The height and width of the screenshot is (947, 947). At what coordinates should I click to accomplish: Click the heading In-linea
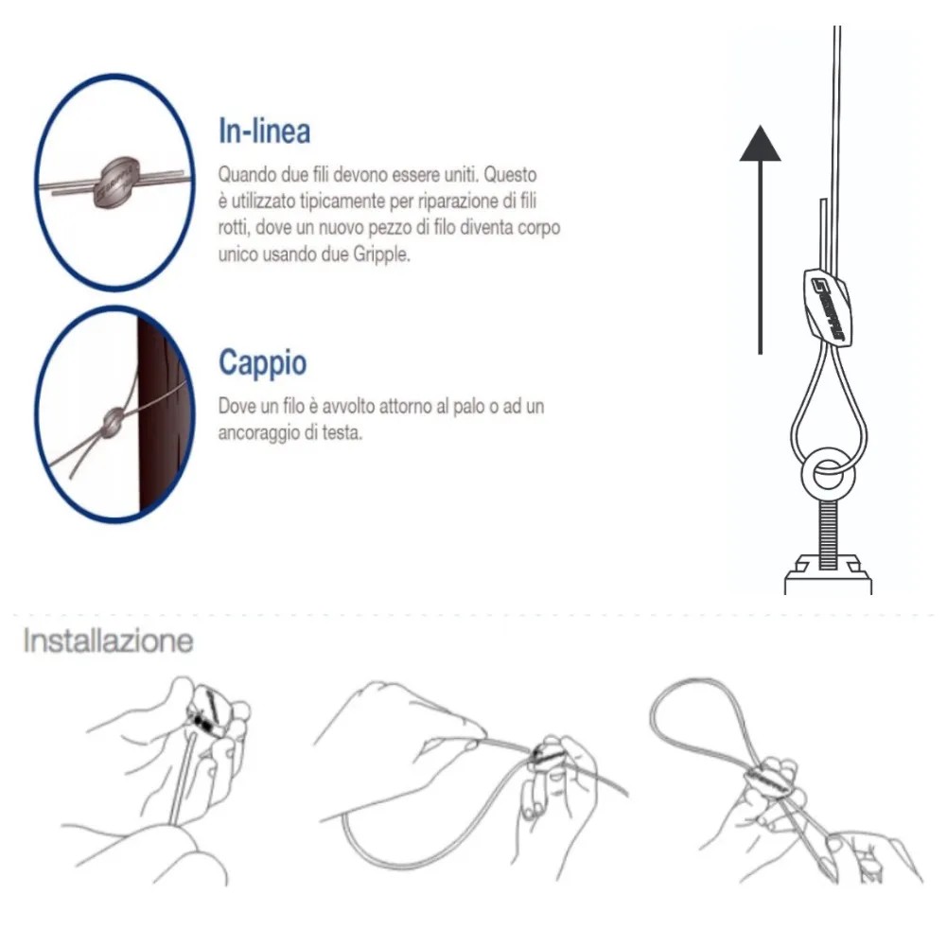pos(265,132)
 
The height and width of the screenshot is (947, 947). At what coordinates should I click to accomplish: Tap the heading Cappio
pos(263,363)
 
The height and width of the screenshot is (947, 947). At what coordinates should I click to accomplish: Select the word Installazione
pos(108,640)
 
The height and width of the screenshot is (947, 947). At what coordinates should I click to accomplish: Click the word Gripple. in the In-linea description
pos(381,254)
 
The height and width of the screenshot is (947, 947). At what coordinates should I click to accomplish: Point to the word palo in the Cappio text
pos(468,407)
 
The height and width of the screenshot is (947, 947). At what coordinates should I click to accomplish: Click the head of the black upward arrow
pos(761,144)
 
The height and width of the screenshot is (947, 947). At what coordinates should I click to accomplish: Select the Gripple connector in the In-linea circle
pos(116,182)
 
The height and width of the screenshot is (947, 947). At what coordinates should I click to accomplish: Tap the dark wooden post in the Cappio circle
pos(162,416)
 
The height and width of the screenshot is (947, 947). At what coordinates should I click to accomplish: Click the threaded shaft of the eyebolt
pos(828,535)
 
